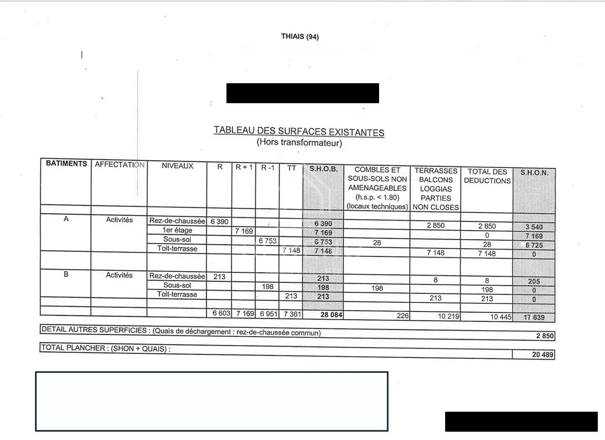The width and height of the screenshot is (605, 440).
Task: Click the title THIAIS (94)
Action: point(300,37)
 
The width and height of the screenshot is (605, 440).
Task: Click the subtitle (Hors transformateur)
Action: point(299,143)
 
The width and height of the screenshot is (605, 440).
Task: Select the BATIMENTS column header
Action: point(66,164)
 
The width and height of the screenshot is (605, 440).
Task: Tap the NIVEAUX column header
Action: point(178,165)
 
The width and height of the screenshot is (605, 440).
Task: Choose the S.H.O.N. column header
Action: point(534,173)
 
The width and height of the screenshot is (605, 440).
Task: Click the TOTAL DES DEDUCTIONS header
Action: point(487,176)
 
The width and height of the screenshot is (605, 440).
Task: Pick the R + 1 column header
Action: point(244,166)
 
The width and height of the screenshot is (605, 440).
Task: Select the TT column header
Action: point(291,167)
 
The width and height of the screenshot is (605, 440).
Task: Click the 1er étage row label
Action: point(177,230)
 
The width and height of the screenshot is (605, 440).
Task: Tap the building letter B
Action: point(66,274)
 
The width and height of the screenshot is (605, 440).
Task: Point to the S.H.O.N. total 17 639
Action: point(535,318)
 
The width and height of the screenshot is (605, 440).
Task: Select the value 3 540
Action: point(534,227)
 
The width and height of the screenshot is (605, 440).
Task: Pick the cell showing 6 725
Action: point(534,245)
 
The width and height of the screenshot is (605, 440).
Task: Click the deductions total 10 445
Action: point(487,317)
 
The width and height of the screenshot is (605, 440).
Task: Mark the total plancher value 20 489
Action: point(543,355)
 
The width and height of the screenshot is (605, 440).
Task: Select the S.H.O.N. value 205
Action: point(534,281)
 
